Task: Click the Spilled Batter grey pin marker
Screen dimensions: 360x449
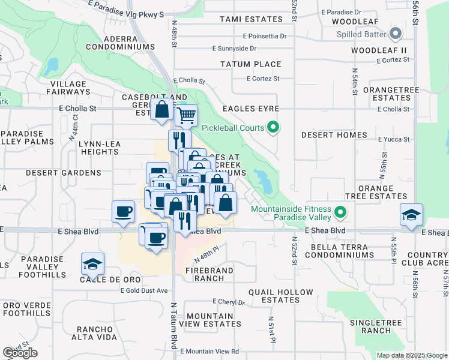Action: tap(395, 33)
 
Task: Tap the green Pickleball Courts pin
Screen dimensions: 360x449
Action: tap(273, 127)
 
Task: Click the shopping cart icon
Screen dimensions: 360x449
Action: tap(187, 114)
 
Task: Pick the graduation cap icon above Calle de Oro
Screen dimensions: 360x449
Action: tap(93, 263)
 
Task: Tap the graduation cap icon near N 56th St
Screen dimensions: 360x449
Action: tap(411, 214)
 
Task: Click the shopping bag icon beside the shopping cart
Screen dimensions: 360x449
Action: tap(162, 110)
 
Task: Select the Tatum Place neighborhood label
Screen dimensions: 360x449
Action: tap(250, 64)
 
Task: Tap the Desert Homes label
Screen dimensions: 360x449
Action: tap(334, 135)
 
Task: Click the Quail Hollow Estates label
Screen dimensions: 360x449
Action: tap(281, 296)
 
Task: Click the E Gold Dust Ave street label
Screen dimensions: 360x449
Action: tap(142, 290)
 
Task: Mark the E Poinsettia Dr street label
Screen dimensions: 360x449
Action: tap(265, 36)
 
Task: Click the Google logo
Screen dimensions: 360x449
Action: tap(20, 353)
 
